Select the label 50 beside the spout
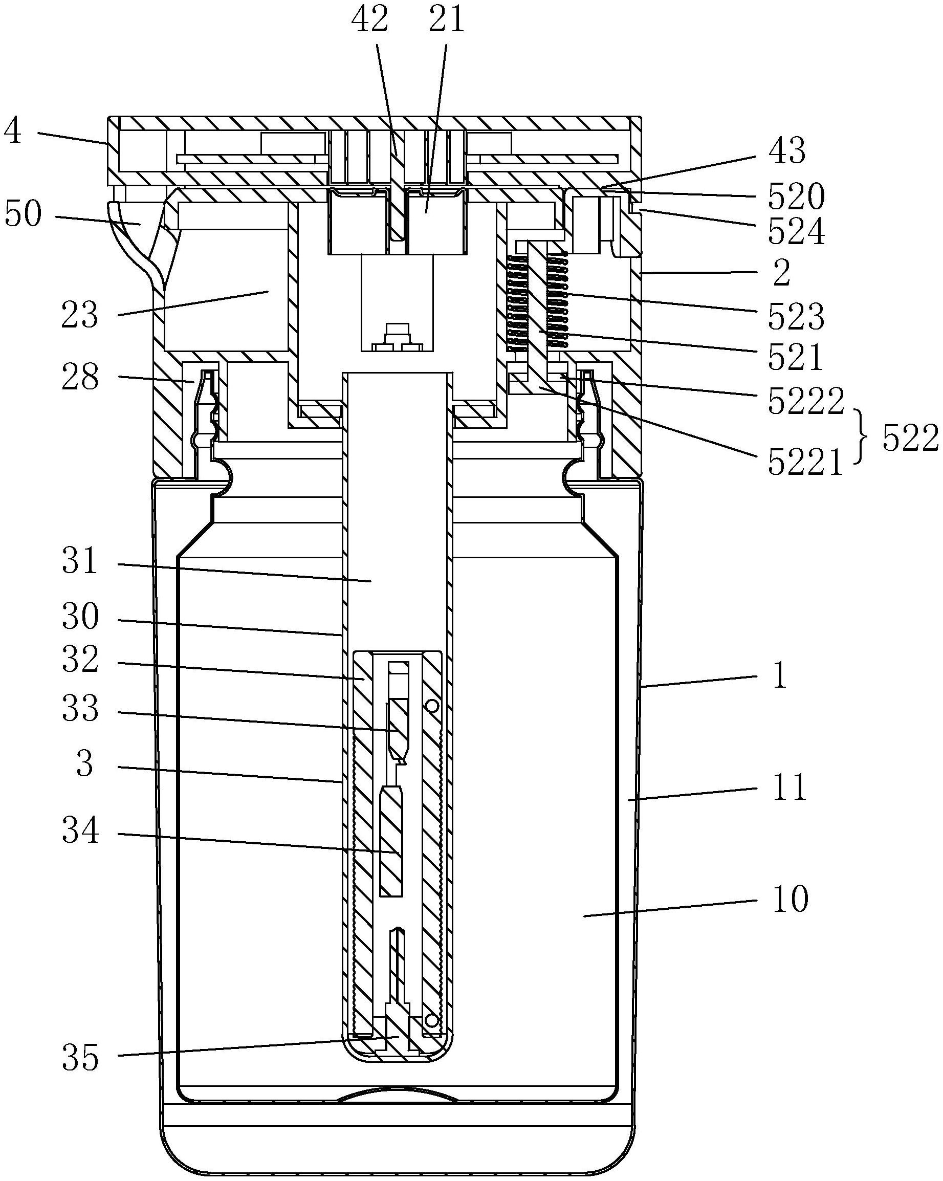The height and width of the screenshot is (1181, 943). click(x=23, y=214)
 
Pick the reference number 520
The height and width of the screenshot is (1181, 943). click(x=795, y=196)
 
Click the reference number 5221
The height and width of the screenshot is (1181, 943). click(x=805, y=463)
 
